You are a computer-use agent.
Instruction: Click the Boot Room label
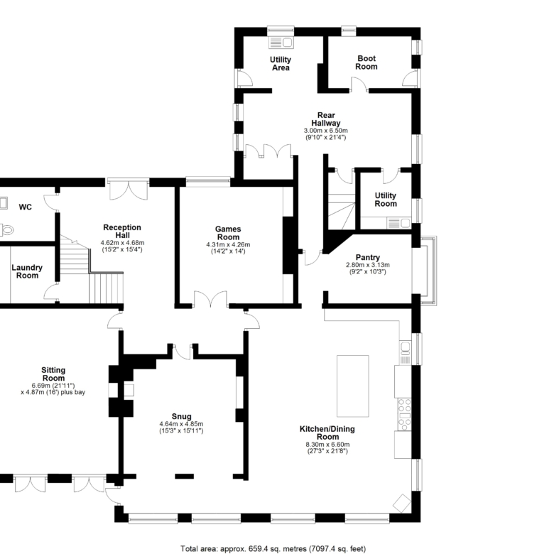pos(366,63)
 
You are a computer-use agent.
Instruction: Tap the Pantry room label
pos(368,257)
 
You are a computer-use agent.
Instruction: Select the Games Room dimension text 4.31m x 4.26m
pos(228,244)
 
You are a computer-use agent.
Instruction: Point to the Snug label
pos(182,416)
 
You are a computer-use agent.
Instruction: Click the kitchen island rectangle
pos(352,386)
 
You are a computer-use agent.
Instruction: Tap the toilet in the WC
pos(6,230)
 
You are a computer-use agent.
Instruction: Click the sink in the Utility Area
pos(281,43)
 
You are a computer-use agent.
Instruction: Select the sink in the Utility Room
pos(399,223)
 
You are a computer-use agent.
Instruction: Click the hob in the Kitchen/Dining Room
pos(405,415)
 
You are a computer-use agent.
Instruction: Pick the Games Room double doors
pos(210,299)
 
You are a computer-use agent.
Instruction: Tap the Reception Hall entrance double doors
pos(129,190)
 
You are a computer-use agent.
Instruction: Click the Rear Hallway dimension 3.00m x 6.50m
pos(326,131)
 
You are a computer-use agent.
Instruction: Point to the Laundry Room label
pos(27,271)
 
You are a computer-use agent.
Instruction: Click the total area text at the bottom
pos(273,549)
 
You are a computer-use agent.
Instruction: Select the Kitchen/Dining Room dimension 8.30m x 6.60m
pos(328,445)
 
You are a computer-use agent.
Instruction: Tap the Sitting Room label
pos(53,374)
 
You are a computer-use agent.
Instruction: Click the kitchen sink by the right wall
pos(406,352)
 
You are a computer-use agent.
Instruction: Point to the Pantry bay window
pos(425,271)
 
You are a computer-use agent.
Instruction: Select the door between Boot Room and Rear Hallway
pos(359,85)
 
